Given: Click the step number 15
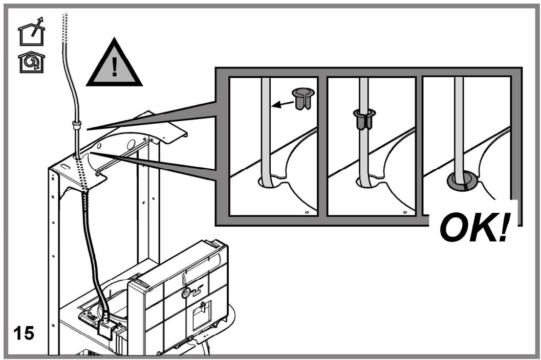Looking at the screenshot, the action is pyautogui.click(x=24, y=333).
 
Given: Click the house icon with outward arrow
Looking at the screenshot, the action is pyautogui.click(x=31, y=31).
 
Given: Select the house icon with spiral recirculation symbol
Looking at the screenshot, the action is pyautogui.click(x=31, y=62).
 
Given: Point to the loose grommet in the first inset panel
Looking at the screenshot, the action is pyautogui.click(x=303, y=98).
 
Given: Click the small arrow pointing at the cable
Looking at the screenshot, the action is pyautogui.click(x=282, y=104).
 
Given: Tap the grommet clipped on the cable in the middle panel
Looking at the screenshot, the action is pyautogui.click(x=364, y=119).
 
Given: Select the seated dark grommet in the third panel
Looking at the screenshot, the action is pyautogui.click(x=463, y=181).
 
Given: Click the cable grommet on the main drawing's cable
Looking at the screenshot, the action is pyautogui.click(x=76, y=124).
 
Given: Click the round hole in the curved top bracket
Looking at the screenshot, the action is pyautogui.click(x=131, y=144).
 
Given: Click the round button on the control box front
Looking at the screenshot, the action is pyautogui.click(x=185, y=294).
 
